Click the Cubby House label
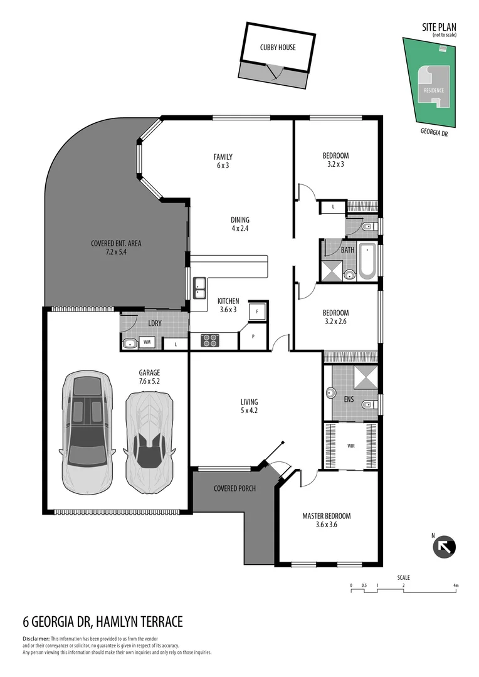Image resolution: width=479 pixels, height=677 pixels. click(x=278, y=47)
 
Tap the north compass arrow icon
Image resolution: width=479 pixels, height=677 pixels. click(x=445, y=547)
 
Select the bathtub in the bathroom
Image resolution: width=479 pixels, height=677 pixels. click(x=366, y=261)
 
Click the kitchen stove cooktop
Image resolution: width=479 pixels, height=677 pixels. click(x=209, y=340)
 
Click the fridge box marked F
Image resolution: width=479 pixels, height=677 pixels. click(x=257, y=311)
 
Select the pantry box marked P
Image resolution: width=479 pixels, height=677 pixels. click(x=253, y=336)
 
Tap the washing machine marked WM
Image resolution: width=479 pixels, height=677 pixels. click(x=147, y=342)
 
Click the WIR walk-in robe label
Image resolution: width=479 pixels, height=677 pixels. click(x=351, y=446)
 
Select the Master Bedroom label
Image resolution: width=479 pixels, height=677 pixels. click(x=326, y=520)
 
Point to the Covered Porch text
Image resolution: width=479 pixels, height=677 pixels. click(x=234, y=488)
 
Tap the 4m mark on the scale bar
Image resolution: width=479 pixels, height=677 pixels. click(x=456, y=585)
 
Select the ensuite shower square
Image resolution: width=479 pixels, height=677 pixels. click(x=366, y=377)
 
